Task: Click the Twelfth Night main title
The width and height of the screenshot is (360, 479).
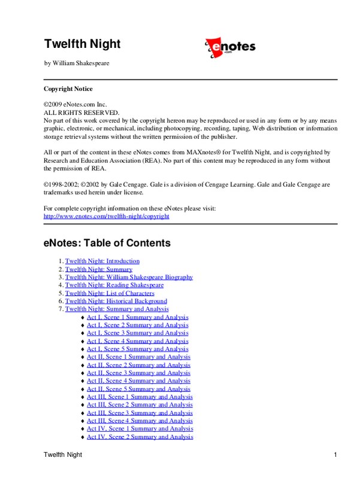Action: click(82, 44)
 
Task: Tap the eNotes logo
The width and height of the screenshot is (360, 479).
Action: click(230, 47)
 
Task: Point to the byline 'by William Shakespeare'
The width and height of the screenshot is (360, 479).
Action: click(77, 63)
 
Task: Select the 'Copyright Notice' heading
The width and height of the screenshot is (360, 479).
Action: click(68, 89)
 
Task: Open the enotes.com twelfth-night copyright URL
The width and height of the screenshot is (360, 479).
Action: click(107, 216)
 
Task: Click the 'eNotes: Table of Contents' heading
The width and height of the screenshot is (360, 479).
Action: click(107, 244)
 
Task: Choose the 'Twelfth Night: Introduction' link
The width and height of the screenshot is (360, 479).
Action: click(102, 261)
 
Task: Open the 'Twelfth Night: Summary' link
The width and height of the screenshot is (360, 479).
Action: click(98, 269)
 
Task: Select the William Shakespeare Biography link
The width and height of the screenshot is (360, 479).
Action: click(129, 277)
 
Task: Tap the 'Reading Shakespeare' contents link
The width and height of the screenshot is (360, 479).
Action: click(114, 286)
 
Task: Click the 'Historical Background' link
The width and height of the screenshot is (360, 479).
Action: click(116, 301)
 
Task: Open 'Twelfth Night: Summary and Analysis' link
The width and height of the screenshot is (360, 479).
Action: click(117, 310)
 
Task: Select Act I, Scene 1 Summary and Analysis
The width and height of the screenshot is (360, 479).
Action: click(137, 317)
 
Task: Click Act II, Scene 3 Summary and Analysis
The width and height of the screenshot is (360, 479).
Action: click(138, 373)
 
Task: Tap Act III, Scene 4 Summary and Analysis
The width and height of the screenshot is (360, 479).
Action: click(140, 421)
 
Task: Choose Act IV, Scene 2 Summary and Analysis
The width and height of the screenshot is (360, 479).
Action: click(140, 437)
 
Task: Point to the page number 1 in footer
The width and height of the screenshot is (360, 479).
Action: click(335, 456)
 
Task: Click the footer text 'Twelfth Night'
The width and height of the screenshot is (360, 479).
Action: click(63, 456)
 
